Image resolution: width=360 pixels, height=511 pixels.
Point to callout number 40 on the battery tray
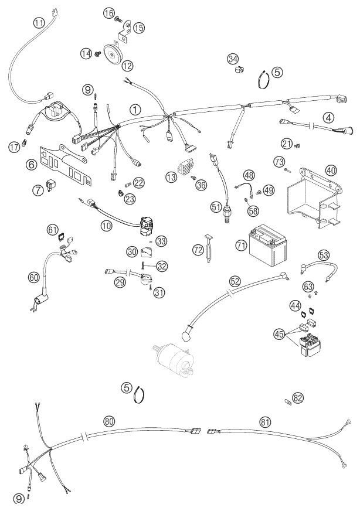(x=331, y=171)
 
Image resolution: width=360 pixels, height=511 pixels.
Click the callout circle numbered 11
(x=39, y=23)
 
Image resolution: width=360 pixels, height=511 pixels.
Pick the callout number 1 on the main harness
(x=135, y=110)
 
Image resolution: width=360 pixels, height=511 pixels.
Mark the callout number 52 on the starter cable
(x=235, y=281)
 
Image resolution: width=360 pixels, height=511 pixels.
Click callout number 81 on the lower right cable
(x=266, y=421)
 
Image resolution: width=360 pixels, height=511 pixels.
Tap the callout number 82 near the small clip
(x=298, y=398)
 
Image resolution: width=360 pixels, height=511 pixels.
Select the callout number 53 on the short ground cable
(x=324, y=255)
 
